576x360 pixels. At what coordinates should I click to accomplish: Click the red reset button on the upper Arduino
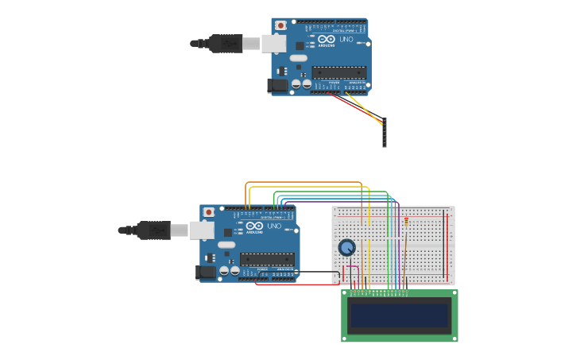tap(280, 25)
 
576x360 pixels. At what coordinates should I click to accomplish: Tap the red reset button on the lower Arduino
tap(209, 212)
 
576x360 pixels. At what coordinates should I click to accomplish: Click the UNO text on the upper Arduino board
tap(346, 39)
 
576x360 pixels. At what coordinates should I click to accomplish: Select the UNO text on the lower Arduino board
tap(275, 226)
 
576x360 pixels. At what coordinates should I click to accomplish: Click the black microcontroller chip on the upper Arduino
tap(339, 72)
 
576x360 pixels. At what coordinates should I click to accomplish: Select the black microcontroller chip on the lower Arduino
tap(267, 259)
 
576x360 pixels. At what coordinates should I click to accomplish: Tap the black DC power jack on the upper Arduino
tap(278, 84)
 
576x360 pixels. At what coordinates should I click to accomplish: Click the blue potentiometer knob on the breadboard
tap(346, 247)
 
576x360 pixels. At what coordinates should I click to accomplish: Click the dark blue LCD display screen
tap(400, 315)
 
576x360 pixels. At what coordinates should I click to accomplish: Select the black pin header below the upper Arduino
tap(385, 132)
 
